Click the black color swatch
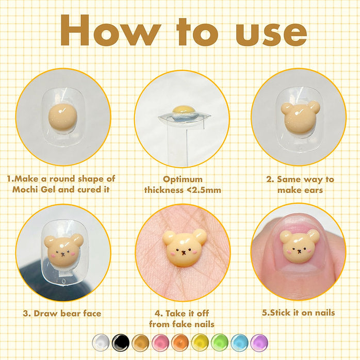pos(121,343)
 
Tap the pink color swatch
pos(160,343)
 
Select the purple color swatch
pos(259,343)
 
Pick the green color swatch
pos(220,343)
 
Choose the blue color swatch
pos(239,343)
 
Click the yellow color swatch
pos(200,343)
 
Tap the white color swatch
pos(101,343)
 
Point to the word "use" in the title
pos(271,34)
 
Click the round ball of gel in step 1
pos(63,117)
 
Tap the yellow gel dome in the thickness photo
pos(183,110)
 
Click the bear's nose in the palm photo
pos(184,253)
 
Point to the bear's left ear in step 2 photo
pos(287,108)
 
